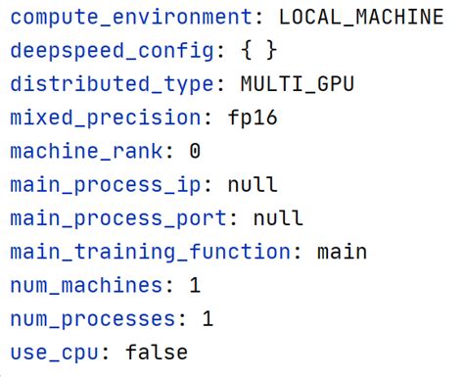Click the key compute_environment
(136, 17)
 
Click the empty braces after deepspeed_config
(258, 50)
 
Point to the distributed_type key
(111, 83)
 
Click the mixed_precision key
(105, 118)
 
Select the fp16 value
(252, 118)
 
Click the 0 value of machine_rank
(195, 151)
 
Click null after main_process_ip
(252, 184)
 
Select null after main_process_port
(277, 217)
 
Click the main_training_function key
(149, 251)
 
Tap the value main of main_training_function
(341, 251)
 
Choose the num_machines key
(85, 285)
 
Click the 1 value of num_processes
(208, 318)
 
